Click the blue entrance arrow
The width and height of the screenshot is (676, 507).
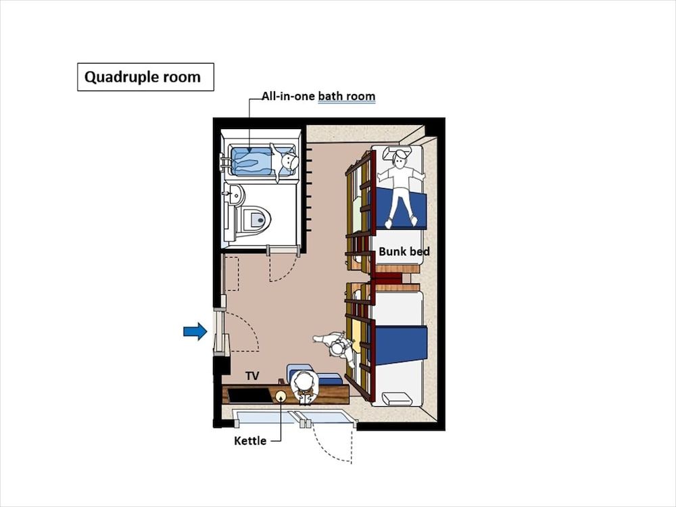(x=195, y=331)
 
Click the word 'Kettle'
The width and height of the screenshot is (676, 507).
(x=249, y=441)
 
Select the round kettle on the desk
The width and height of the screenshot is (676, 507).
(x=281, y=395)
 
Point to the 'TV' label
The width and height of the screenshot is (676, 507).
(x=252, y=376)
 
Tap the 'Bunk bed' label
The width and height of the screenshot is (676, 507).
(x=404, y=251)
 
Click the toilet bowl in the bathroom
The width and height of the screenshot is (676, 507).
(x=254, y=219)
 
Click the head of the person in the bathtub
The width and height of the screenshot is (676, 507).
(x=289, y=162)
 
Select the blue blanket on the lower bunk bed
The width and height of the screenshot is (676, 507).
(x=400, y=345)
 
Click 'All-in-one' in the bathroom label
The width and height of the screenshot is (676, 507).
(x=288, y=97)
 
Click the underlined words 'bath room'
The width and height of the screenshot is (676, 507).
(x=346, y=97)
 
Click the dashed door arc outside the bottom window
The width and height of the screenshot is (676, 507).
(x=335, y=446)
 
